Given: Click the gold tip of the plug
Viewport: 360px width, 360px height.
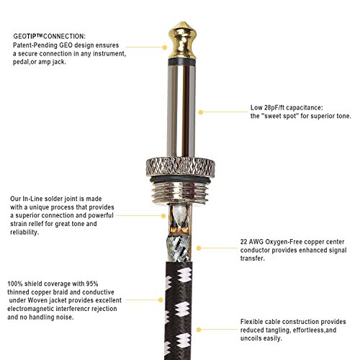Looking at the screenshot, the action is pyautogui.click(x=182, y=40).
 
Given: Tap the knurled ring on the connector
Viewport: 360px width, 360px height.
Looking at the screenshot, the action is pyautogui.click(x=181, y=167).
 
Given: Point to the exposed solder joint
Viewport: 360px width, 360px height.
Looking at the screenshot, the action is pyautogui.click(x=179, y=220).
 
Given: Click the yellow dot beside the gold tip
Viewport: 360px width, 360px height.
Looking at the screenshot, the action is pyautogui.click(x=165, y=48).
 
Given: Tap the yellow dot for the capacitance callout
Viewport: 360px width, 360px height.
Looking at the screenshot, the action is pyautogui.click(x=201, y=112).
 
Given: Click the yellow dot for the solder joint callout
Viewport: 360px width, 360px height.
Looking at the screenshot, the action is pyautogui.click(x=163, y=216).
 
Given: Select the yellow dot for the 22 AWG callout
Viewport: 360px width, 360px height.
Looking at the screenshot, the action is pyautogui.click(x=199, y=248).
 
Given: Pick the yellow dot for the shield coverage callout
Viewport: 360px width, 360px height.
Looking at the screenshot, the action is pyautogui.click(x=161, y=300).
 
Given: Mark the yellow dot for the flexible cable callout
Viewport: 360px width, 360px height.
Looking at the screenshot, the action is pyautogui.click(x=199, y=330).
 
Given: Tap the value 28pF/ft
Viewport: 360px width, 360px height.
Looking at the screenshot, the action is pyautogui.click(x=274, y=107).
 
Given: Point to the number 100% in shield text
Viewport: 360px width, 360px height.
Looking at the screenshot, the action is pyautogui.click(x=15, y=284).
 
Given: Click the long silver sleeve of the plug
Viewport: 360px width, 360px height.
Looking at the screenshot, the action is pyautogui.click(x=181, y=110).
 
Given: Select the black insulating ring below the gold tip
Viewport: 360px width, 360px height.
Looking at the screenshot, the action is pyautogui.click(x=182, y=62).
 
